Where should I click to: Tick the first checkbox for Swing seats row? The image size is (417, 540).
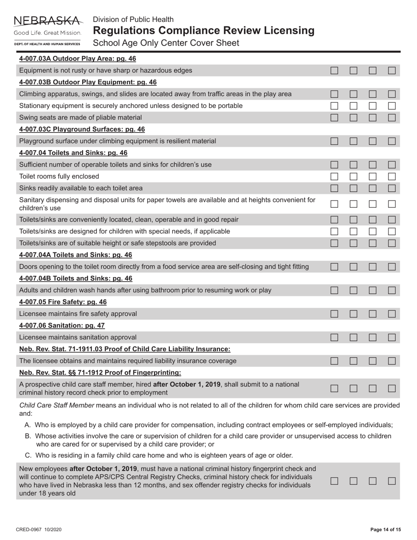334,118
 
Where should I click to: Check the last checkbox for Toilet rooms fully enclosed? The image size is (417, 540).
392,176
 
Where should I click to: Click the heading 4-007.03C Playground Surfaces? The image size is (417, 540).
82,129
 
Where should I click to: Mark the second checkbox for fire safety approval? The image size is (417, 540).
353,314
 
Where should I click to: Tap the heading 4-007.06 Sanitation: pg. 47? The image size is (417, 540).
62,325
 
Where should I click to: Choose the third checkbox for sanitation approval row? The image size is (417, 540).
373,337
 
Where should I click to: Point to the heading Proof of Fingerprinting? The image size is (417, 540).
100,373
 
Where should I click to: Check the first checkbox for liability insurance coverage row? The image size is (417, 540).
334,361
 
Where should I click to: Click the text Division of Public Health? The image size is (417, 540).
133,19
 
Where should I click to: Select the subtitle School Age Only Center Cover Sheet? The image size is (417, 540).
166,43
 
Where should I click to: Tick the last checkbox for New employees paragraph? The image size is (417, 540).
392,481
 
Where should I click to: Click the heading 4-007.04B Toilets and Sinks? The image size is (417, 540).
75,278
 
